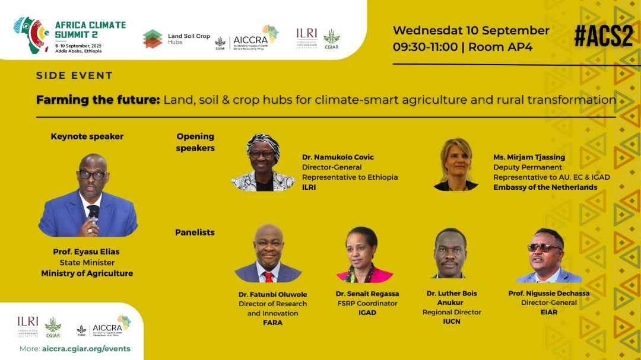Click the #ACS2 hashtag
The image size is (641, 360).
click(x=603, y=36)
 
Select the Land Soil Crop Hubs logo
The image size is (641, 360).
click(x=176, y=39)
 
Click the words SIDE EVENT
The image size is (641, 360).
click(x=74, y=76)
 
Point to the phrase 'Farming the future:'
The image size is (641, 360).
click(x=98, y=100)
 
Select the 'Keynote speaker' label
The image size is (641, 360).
click(x=87, y=136)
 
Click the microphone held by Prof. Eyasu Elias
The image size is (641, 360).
click(x=93, y=212)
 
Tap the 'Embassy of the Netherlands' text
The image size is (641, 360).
click(x=545, y=187)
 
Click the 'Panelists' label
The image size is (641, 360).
click(x=195, y=232)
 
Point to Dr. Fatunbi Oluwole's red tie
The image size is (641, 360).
click(x=268, y=276)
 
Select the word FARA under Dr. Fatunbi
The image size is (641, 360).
click(x=273, y=323)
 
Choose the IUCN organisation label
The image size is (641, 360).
click(x=452, y=321)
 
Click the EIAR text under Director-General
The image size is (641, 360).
click(x=549, y=312)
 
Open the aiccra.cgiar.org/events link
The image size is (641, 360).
click(x=87, y=349)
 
